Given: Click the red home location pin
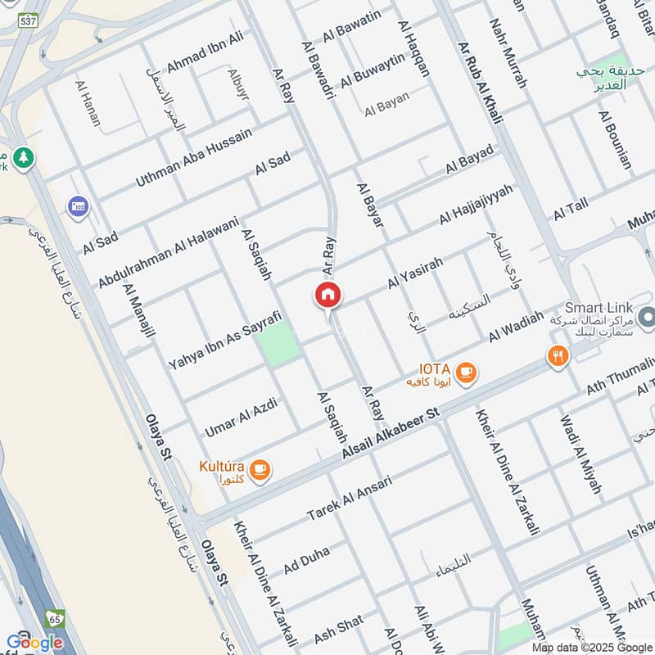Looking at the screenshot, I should [327, 296].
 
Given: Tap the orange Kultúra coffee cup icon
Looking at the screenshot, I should [260, 470].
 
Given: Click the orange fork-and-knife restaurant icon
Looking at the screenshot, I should [558, 355].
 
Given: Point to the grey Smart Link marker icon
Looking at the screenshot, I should [647, 316].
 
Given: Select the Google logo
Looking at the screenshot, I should [34, 642].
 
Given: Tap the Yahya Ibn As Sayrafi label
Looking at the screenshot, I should [224, 339].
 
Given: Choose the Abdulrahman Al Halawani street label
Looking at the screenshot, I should [168, 252].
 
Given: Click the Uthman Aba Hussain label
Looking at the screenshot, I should [195, 156].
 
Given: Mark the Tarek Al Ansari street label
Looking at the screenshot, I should [349, 497].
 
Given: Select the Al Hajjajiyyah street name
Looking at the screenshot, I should [476, 205].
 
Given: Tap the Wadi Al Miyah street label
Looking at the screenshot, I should [580, 454].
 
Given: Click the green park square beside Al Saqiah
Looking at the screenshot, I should [279, 343].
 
